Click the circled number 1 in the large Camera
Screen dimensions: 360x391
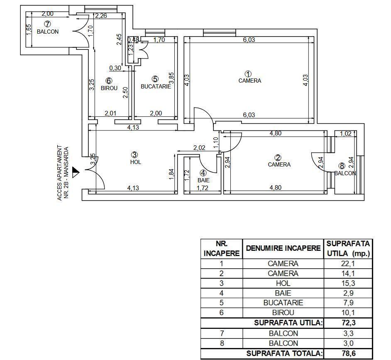pos(249,74)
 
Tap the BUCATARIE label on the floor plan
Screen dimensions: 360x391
pos(156,87)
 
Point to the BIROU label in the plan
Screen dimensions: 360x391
pos(109,88)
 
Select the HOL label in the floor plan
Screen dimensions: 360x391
pos(136,162)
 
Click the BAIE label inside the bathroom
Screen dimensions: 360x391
pos(203,180)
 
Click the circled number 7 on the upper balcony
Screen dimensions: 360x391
pos(47,24)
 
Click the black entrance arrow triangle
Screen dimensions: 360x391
pos(76,171)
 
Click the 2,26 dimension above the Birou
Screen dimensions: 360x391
pos(101,16)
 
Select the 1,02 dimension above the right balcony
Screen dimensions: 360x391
pos(345,134)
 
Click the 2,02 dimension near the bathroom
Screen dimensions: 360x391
pos(200,147)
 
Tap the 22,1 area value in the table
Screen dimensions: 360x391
pos(347,264)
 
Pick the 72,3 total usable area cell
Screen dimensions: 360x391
pos(347,323)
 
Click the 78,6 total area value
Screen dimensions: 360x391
pos(347,353)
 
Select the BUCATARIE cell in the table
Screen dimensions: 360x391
pos(283,303)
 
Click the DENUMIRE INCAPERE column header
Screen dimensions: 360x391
pos(283,248)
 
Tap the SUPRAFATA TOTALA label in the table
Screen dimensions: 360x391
pos(284,353)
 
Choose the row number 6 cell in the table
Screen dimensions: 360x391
pos(221,313)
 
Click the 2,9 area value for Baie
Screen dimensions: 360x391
pos(347,293)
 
